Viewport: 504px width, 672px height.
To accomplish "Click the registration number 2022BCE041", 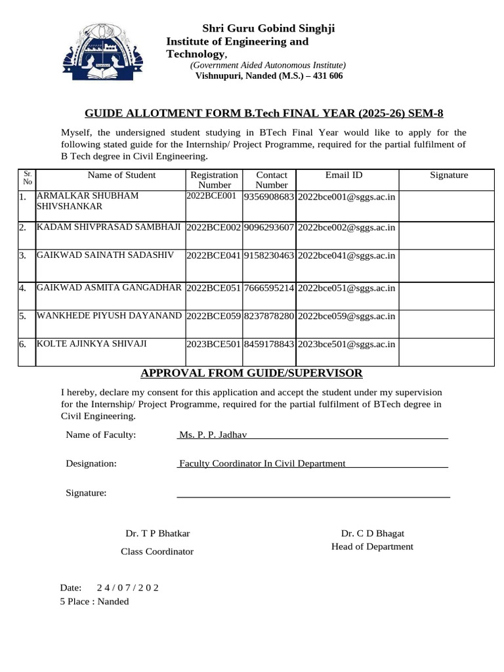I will pos(214,256).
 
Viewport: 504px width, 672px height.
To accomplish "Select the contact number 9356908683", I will pos(268,197).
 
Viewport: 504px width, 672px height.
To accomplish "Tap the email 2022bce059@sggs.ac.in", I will pos(346,316).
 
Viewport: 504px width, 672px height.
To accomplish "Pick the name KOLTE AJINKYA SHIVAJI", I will pos(92,344).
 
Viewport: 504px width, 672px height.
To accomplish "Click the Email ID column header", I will pos(344,175).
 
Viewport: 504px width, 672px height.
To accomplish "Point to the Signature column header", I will pos(449,175).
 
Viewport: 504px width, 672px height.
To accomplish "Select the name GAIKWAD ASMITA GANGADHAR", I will pos(109,287).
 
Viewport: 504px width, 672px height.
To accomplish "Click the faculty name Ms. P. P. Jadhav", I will pos(212,434).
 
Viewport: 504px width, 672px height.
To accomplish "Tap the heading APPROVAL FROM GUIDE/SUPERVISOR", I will pos(251,373).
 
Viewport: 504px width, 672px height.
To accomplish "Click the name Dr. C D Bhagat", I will pos(372,534).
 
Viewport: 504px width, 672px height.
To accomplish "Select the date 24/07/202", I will pos(127,587).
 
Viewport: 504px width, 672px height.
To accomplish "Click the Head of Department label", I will pos(372,547).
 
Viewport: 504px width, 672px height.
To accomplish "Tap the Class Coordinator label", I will pos(157,552).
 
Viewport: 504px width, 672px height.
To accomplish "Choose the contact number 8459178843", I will pos(268,344).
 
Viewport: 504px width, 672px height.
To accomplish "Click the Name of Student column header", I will pos(121,175).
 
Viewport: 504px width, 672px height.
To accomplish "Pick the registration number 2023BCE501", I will pos(214,344).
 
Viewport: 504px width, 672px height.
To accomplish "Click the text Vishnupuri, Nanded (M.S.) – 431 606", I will pos(269,76).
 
